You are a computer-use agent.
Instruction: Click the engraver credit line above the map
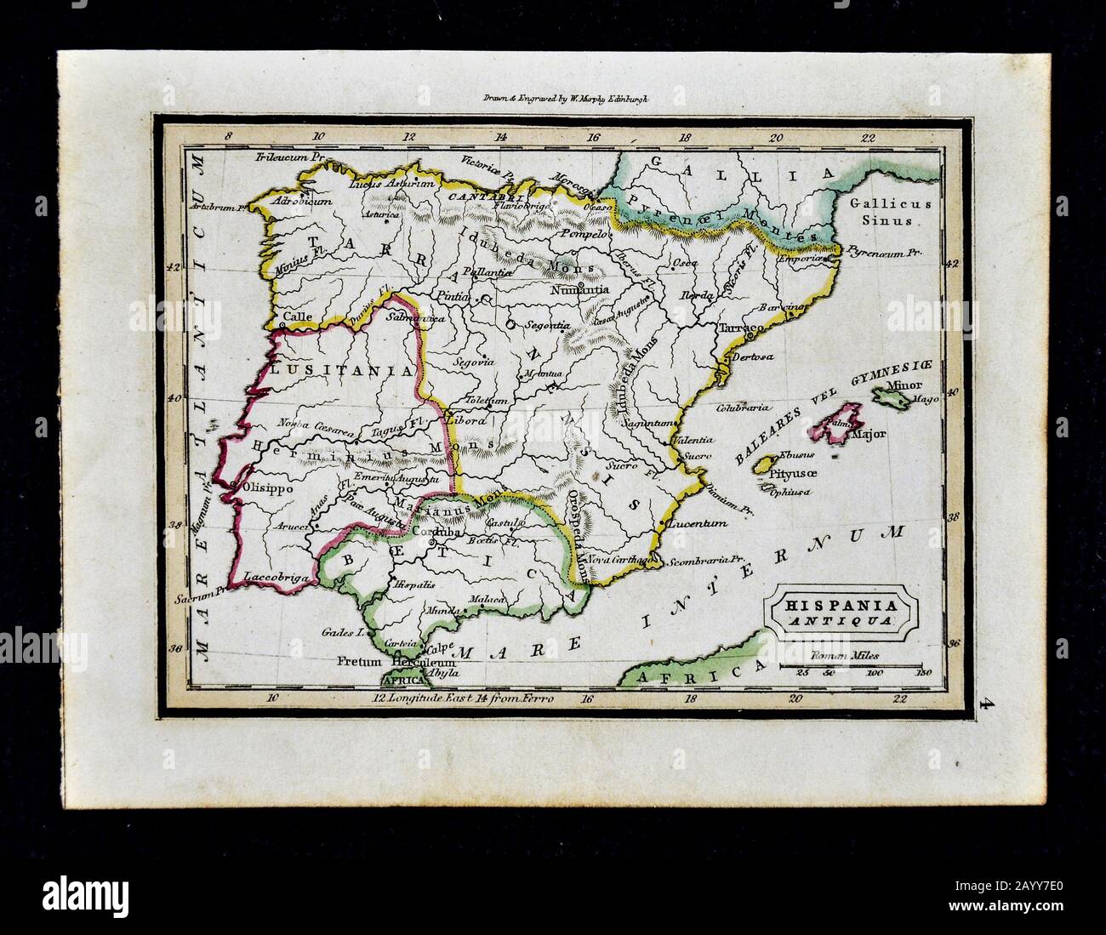click(553, 99)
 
